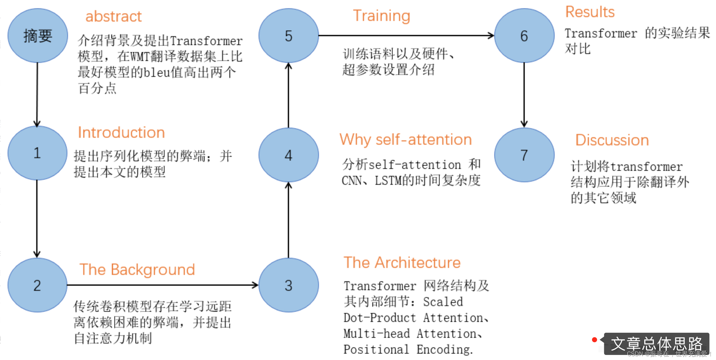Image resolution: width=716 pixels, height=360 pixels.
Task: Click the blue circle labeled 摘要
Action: (37, 36)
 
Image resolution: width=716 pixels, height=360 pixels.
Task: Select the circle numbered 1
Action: (37, 153)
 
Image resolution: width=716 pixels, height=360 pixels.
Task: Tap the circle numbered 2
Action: (37, 285)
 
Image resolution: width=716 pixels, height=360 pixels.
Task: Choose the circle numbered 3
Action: (288, 285)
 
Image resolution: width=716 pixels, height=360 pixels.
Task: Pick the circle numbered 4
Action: (288, 155)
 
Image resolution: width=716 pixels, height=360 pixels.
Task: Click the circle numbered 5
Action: (288, 36)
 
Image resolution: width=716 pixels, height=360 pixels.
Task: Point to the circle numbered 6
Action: (524, 36)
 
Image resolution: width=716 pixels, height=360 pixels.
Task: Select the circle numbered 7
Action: (524, 155)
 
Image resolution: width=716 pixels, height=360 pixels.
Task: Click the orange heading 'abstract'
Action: (113, 17)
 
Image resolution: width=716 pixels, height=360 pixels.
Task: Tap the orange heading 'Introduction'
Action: (121, 133)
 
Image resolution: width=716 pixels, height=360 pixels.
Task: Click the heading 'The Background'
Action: (137, 270)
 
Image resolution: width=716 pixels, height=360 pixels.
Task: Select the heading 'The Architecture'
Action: (402, 263)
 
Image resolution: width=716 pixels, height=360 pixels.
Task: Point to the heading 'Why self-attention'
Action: (406, 140)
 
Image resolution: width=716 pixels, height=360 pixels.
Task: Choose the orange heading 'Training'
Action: (382, 16)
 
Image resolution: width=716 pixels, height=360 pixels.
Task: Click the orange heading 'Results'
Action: (590, 12)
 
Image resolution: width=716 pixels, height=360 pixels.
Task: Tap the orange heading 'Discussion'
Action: (612, 140)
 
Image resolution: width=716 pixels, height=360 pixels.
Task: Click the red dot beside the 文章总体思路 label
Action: (595, 340)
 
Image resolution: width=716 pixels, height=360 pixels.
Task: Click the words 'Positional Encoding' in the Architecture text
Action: (408, 350)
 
